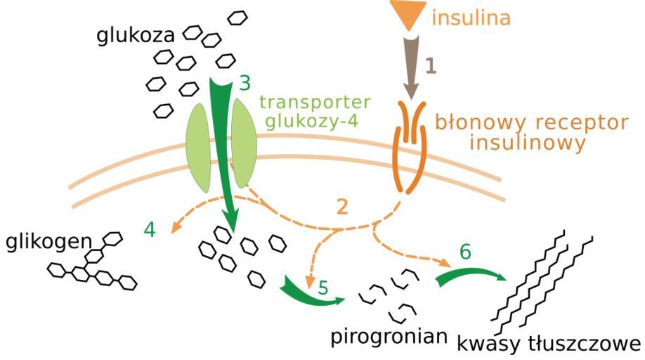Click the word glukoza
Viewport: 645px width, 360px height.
[137, 34]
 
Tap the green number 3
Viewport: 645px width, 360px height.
[244, 83]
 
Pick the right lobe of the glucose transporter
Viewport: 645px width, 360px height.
[243, 143]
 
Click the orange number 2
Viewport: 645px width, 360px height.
[342, 207]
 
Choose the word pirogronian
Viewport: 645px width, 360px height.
[389, 337]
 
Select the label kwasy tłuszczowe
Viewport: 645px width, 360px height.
[549, 344]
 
